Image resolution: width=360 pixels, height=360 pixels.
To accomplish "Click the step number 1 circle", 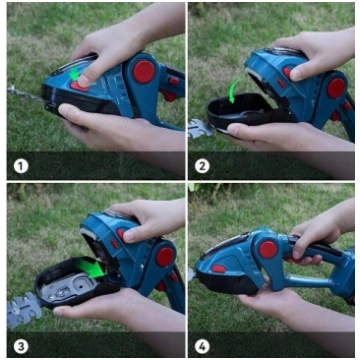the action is coord(21,166).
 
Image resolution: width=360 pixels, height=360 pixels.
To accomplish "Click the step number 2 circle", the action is coord(202,166).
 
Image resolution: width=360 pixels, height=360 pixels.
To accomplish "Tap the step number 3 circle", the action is coord(21,347).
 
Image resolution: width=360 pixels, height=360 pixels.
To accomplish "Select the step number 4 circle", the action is coord(202,347).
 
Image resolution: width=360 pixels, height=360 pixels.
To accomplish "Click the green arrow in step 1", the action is coord(74,74).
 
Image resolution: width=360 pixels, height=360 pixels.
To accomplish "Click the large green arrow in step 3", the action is coord(89,268).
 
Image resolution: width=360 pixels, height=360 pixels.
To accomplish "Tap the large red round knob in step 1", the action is coord(144,72).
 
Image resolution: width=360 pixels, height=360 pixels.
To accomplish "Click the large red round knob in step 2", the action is coord(336,88).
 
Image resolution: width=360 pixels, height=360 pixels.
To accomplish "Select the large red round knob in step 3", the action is coord(165,257).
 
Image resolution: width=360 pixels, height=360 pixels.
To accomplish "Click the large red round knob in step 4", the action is coord(268,250).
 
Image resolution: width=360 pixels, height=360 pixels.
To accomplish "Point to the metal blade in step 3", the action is coord(24,309).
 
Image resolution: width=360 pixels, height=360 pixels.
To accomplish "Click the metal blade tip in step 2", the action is coord(201,129).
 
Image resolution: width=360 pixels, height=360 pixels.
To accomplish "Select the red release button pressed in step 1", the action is coord(79,87).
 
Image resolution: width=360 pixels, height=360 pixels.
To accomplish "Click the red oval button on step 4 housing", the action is coord(219,269).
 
